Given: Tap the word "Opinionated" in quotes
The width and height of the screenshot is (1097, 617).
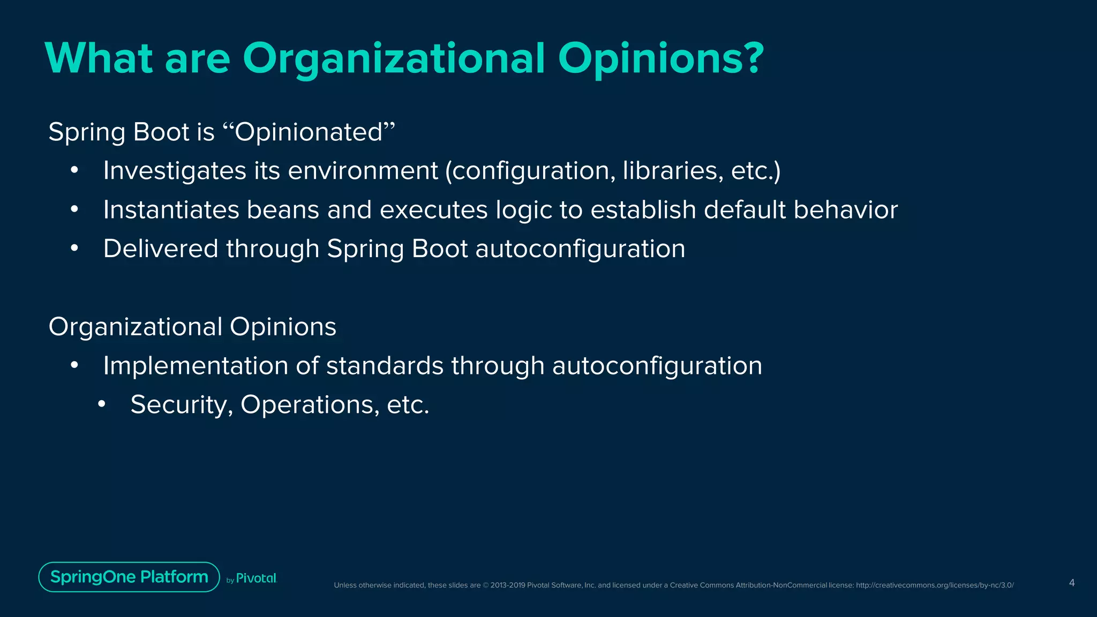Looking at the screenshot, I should [309, 132].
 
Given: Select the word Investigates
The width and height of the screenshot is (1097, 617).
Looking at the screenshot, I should [174, 171].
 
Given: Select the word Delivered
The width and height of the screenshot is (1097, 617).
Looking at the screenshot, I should [161, 249].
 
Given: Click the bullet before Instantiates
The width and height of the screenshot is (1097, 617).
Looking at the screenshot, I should [74, 210].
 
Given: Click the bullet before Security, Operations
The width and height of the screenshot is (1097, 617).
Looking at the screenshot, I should [102, 405].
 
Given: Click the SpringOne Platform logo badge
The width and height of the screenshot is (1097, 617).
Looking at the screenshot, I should [129, 577].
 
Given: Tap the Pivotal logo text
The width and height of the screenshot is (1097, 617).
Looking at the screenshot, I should [256, 578].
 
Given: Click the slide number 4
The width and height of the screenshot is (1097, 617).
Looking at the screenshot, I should [1071, 583].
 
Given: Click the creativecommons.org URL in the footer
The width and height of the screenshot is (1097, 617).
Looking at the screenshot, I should [935, 585].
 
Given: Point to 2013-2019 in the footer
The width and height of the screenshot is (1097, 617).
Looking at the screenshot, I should [507, 585].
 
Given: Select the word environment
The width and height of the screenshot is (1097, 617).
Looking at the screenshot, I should [363, 171].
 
